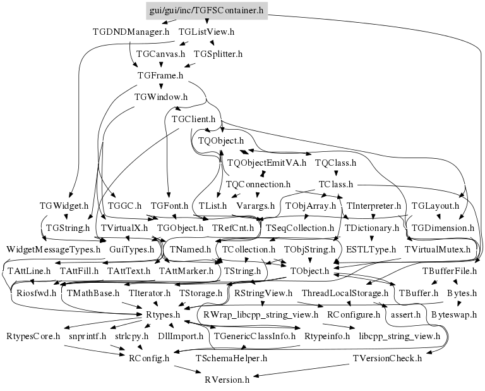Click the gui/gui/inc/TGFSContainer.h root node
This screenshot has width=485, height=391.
click(x=206, y=10)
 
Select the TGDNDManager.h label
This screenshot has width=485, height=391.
click(x=131, y=31)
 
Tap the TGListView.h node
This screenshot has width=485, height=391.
click(x=207, y=31)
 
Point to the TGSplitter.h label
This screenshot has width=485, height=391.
click(x=218, y=54)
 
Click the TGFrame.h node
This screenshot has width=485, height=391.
click(x=160, y=75)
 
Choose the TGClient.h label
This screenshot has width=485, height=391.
click(x=194, y=119)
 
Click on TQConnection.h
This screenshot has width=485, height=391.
click(x=257, y=184)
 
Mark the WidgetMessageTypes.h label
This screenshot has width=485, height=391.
click(x=54, y=249)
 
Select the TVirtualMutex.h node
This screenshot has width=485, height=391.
click(x=438, y=249)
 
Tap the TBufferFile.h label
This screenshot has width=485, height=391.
click(x=449, y=271)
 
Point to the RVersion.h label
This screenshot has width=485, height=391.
click(x=227, y=380)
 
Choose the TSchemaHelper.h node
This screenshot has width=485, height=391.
click(x=232, y=358)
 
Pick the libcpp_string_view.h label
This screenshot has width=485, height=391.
click(x=399, y=336)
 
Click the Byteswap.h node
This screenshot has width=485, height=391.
click(x=454, y=314)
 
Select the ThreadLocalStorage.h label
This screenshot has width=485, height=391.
click(x=344, y=293)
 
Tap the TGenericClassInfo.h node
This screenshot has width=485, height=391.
click(x=255, y=336)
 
